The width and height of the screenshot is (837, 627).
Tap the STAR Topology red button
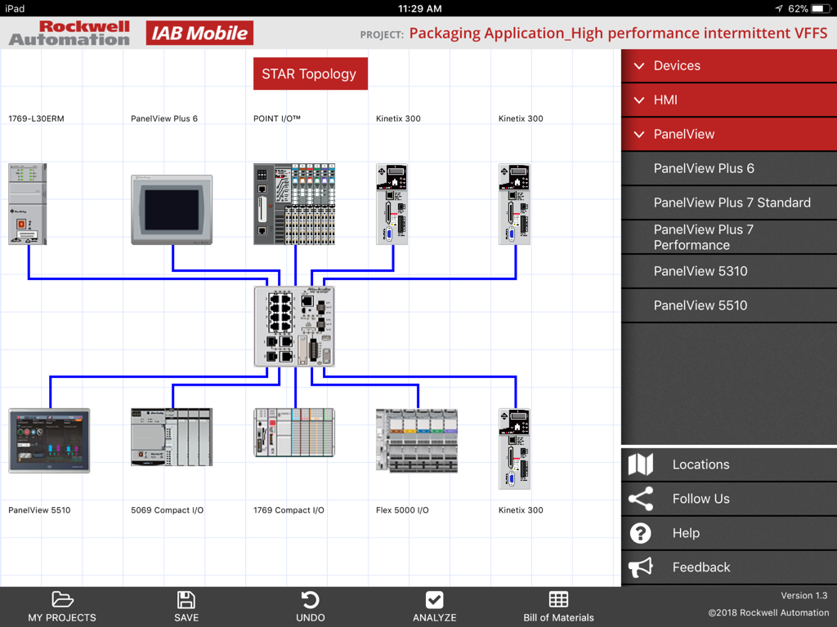[x=310, y=73]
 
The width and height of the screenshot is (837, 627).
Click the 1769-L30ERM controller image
[x=28, y=204]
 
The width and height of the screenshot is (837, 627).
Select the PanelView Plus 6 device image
[x=172, y=209]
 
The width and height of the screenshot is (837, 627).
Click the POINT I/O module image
[x=294, y=204]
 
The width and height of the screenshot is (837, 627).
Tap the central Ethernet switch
[x=294, y=326]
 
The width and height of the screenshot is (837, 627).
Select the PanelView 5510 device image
[x=49, y=441]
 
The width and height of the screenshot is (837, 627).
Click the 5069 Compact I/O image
[x=172, y=437]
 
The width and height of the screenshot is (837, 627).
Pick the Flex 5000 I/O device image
[x=416, y=441]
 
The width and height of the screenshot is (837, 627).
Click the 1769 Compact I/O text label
[x=289, y=510]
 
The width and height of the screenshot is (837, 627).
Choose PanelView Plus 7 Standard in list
[x=732, y=202]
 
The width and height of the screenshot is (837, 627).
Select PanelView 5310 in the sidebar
[x=700, y=271]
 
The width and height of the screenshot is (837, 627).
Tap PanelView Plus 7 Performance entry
[x=703, y=237]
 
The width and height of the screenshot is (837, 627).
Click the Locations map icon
[x=641, y=465]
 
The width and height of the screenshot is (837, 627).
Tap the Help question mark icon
[x=641, y=533]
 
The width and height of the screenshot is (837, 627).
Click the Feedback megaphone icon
[x=641, y=567]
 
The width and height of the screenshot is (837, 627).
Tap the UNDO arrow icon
[x=310, y=600]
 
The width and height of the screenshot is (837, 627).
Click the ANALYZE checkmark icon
[x=434, y=600]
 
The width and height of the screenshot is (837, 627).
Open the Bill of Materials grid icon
[x=558, y=600]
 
